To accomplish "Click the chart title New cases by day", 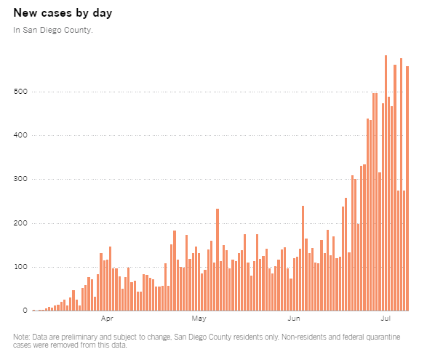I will [x=63, y=13].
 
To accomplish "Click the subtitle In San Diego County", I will [x=53, y=31].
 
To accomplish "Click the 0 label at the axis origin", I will [x=24, y=311].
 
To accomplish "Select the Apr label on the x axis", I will [x=107, y=319].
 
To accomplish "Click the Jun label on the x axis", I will [x=295, y=319].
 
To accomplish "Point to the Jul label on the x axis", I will [x=386, y=319].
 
